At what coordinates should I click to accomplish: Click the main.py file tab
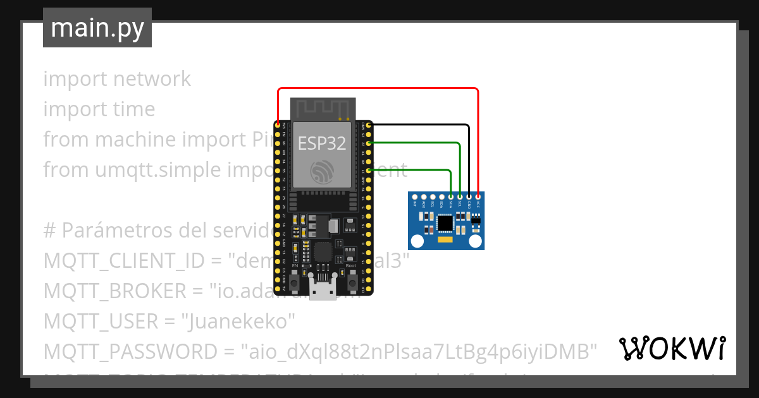pos(97,28)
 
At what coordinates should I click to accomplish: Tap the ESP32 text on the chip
pos(322,143)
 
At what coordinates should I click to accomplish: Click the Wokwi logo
pos(672,348)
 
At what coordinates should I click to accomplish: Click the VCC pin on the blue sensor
pos(478,196)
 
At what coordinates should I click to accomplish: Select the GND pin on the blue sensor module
pos(469,196)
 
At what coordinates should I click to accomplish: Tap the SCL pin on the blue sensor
pos(460,196)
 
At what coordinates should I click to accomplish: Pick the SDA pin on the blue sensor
pos(450,196)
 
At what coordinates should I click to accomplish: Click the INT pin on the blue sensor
pos(414,196)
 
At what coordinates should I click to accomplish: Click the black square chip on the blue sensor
pos(445,222)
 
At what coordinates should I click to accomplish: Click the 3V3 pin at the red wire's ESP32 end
pos(278,125)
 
